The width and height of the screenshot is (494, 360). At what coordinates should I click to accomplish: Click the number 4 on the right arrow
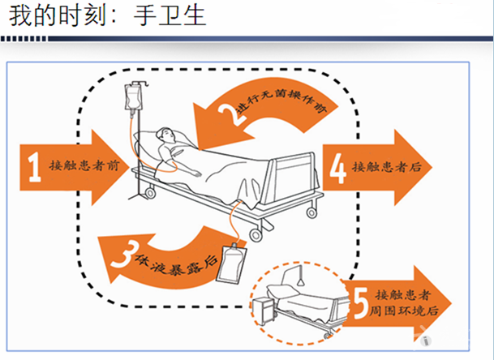point(339,167)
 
